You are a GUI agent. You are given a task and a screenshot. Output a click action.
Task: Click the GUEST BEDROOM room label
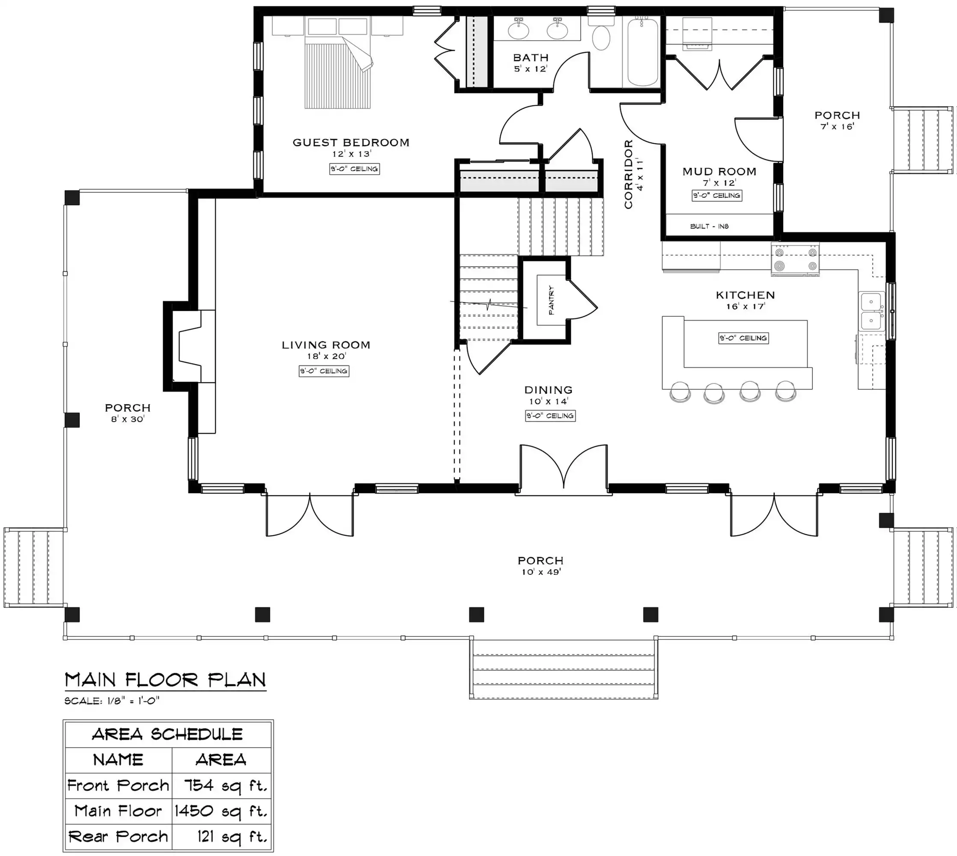351,143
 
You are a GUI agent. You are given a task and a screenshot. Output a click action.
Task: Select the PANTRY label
552,300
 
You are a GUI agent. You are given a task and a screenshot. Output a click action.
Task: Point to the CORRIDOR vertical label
629,174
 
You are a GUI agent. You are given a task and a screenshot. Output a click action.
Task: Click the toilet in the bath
601,33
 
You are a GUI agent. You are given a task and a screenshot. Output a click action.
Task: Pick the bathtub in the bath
643,52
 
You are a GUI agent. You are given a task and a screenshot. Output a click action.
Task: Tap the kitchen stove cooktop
795,258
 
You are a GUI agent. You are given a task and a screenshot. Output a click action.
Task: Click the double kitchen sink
872,311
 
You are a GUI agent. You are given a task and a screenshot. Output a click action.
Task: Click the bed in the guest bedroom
337,63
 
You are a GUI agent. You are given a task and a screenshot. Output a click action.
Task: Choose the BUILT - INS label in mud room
709,226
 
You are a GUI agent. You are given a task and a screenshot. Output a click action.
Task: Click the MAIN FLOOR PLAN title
165,680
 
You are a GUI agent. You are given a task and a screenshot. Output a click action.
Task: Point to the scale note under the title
112,701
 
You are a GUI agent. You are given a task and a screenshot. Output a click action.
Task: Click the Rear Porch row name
118,836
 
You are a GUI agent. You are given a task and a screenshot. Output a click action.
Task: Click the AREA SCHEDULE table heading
167,734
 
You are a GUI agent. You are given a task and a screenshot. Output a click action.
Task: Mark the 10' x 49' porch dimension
541,572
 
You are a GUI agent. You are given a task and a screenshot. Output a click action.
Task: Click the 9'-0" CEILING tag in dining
551,416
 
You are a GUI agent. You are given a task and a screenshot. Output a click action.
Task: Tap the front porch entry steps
563,669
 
